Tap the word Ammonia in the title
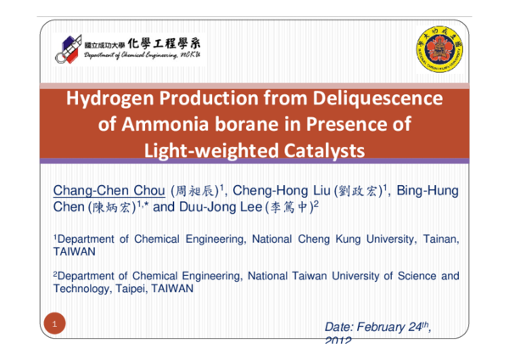(x=171, y=125)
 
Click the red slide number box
(x=53, y=324)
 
